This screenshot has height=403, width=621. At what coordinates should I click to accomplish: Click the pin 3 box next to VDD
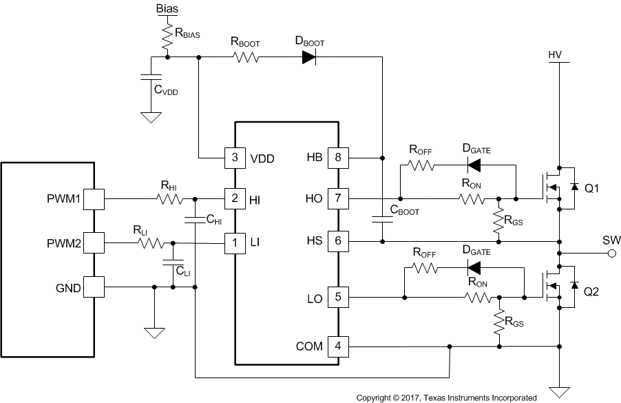235,157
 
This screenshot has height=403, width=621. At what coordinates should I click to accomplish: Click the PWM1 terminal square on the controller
94,199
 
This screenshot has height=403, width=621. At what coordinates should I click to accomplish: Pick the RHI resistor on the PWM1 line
168,199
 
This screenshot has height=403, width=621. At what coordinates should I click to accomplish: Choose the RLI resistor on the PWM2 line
151,242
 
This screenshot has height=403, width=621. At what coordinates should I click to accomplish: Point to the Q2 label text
591,291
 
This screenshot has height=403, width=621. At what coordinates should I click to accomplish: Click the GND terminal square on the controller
94,286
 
